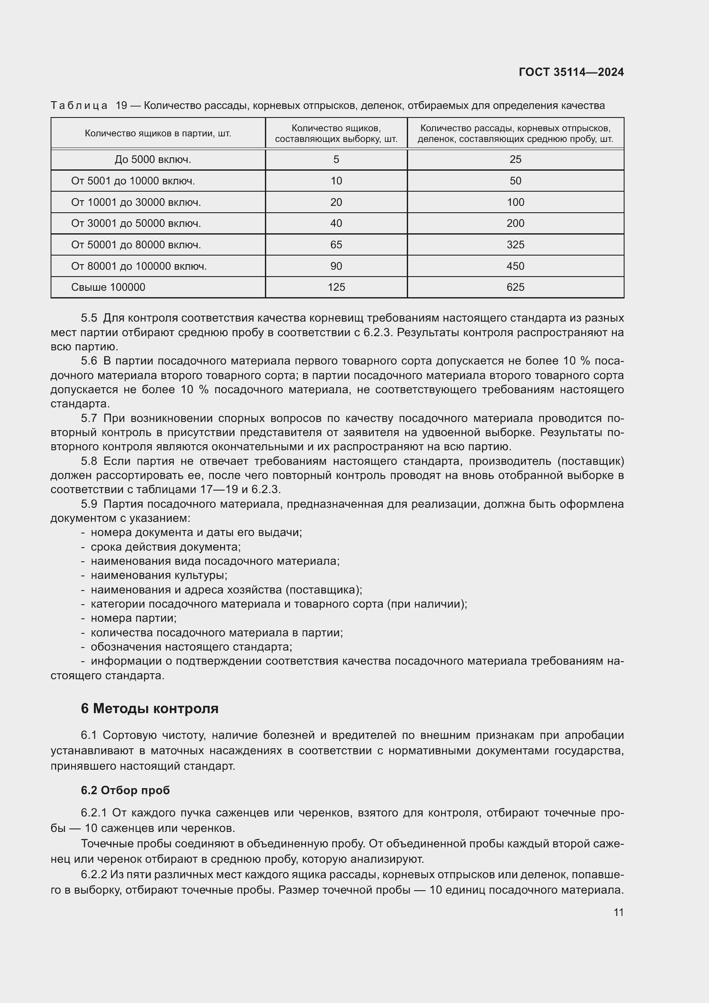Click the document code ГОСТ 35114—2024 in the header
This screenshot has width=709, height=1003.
[x=571, y=72]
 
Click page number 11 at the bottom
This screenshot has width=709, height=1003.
[x=618, y=912]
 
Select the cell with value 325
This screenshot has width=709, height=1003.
[x=515, y=244]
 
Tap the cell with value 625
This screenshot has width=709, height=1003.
[x=515, y=287]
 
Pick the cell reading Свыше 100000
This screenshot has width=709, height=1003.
[x=108, y=287]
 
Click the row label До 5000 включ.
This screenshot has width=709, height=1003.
[x=153, y=160]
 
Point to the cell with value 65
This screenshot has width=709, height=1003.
[x=336, y=244]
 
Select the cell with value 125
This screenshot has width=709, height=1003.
[x=336, y=287]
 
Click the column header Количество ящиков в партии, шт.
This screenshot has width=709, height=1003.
[x=158, y=133]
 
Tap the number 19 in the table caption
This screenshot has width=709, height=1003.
[x=121, y=106]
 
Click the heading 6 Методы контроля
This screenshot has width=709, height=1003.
[x=149, y=708]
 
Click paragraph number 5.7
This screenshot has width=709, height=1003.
[x=89, y=419]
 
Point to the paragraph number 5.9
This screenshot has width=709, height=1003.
[x=89, y=504]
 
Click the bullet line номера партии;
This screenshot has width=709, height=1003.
[x=133, y=618]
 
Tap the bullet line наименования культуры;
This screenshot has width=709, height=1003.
[x=159, y=575]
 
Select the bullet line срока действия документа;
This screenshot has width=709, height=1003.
[x=165, y=547]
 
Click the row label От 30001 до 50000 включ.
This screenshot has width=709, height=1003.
[x=136, y=224]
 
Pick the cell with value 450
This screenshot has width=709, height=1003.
[x=515, y=266]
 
